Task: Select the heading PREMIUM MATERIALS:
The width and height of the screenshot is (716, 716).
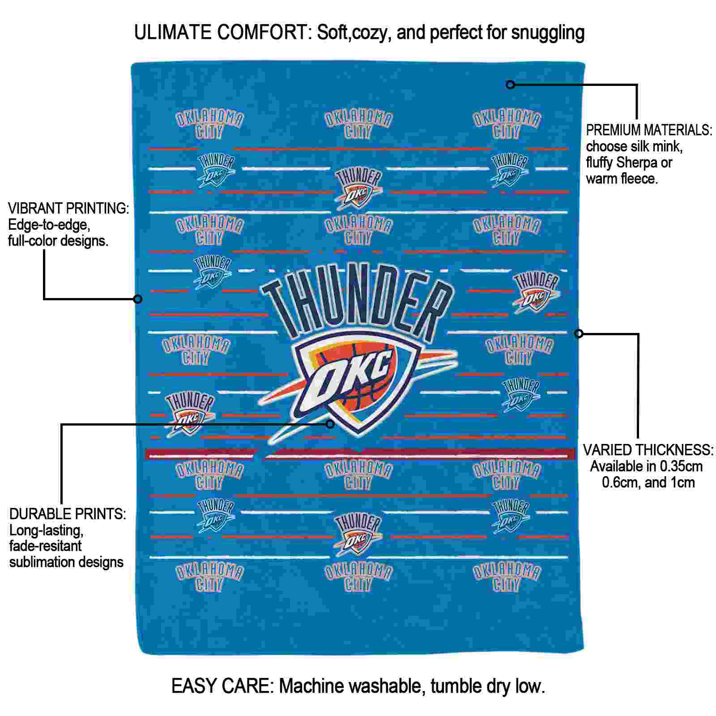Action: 649,130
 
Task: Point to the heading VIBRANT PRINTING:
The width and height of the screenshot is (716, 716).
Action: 68,208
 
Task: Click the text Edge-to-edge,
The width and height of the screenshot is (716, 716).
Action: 49,225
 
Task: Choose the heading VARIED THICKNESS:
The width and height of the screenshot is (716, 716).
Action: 648,450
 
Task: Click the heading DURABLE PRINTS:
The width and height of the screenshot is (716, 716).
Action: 68,514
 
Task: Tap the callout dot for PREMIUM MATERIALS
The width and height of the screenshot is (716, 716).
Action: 510,84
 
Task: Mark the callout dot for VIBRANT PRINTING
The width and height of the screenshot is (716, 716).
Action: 138,298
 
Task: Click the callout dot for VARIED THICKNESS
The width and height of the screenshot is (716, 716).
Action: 579,333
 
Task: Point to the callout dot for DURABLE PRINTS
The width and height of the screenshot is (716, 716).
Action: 330,424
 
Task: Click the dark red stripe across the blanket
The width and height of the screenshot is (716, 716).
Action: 360,454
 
